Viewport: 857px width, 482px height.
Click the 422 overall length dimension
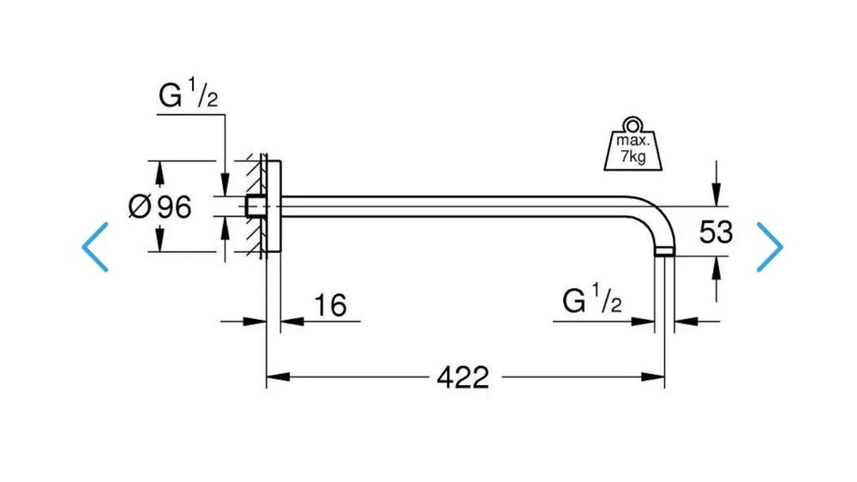click(463, 377)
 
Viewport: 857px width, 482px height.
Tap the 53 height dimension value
click(716, 232)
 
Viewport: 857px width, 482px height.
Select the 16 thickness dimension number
click(330, 304)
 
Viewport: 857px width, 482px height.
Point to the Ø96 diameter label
click(159, 207)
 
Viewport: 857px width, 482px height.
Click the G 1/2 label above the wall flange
click(188, 93)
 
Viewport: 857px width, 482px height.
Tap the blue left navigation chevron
click(95, 247)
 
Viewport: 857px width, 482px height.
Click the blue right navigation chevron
click(770, 247)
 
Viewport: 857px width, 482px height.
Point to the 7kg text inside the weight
click(633, 157)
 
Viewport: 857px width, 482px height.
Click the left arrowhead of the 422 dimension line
click(278, 377)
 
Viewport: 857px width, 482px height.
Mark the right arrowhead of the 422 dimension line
click(653, 377)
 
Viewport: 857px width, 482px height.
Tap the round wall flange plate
click(273, 206)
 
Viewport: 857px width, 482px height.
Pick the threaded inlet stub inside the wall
click(255, 206)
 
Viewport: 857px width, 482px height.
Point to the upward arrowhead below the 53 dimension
click(716, 268)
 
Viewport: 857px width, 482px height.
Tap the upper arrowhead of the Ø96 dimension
click(159, 172)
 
